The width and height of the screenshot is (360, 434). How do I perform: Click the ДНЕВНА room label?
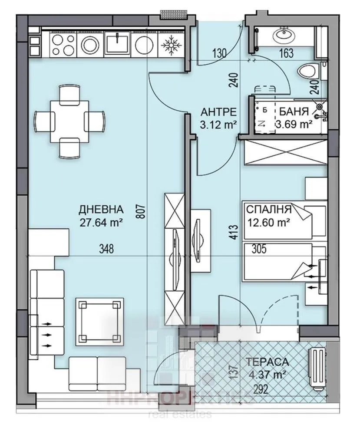pyautogui.click(x=101, y=210)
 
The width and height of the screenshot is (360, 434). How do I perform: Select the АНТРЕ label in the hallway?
pyautogui.click(x=218, y=112)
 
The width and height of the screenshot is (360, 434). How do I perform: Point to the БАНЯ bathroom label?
pyautogui.click(x=294, y=111)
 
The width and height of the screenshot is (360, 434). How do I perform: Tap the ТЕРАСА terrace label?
pyautogui.click(x=267, y=361)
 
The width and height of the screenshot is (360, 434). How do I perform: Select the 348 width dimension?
pyautogui.click(x=106, y=249)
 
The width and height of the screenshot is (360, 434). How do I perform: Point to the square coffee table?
pyautogui.click(x=98, y=321)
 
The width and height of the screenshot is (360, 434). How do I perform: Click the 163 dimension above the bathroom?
pyautogui.click(x=287, y=54)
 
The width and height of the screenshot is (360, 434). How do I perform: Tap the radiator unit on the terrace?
pyautogui.click(x=317, y=366)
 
